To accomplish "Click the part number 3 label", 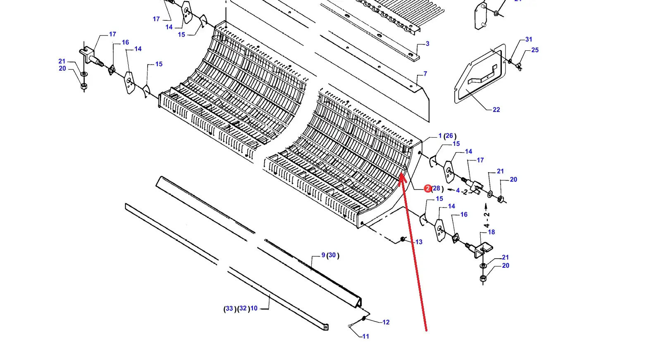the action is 427,44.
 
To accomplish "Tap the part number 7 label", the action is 425,74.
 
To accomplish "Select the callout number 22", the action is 496,110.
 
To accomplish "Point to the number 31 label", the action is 529,39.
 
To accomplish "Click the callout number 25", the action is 535,50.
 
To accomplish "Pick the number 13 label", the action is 419,242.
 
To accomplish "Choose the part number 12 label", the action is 386,322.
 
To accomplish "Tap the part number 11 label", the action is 365,336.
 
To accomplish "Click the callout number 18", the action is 491,232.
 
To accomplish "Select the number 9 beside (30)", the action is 323,255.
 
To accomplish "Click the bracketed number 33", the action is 229,308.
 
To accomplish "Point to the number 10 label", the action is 254,308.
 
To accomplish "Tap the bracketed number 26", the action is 449,136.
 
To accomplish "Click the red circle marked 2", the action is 427,188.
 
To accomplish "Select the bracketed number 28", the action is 436,188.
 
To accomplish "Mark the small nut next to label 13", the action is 402,239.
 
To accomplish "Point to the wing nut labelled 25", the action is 519,67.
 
